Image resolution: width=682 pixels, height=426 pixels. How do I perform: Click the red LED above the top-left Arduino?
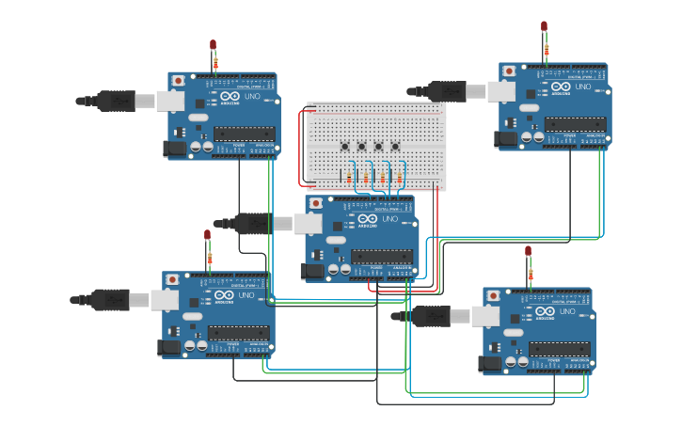[x=214, y=44]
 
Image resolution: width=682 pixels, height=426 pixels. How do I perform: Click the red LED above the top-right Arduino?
[x=544, y=26]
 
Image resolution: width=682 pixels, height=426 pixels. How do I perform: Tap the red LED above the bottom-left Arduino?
[x=208, y=234]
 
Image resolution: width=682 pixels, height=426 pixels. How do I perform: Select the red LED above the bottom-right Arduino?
[x=528, y=251]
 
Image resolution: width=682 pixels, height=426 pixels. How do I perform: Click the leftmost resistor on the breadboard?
[x=351, y=178]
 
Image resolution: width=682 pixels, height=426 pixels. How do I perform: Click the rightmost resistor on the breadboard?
[x=399, y=178]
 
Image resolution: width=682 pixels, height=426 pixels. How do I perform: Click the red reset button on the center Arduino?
[x=316, y=202]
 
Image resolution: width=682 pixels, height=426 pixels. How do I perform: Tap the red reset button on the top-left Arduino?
[x=179, y=81]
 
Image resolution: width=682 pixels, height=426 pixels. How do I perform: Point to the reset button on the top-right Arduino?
[x=509, y=71]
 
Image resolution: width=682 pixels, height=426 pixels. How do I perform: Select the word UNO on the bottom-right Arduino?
[x=569, y=312]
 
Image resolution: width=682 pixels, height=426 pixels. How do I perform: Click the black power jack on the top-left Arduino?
[x=174, y=148]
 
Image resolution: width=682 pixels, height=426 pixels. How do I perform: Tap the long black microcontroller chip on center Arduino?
[x=382, y=255]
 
